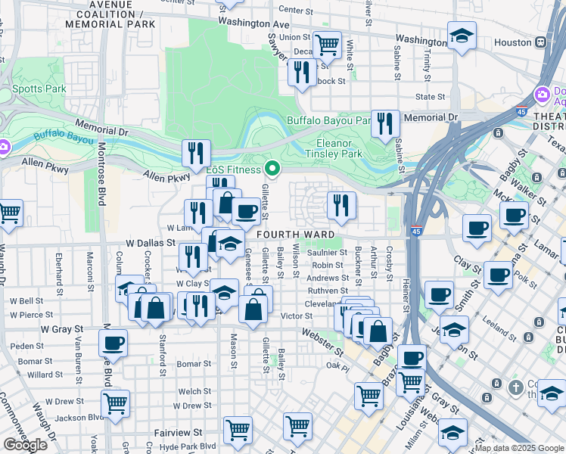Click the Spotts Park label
click(39, 89)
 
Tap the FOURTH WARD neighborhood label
click(294, 235)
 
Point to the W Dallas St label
click(151, 244)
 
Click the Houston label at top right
click(514, 42)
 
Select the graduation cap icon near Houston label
click(461, 36)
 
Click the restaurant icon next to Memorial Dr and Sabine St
click(386, 123)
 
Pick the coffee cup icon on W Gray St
click(113, 343)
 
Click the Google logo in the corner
click(25, 445)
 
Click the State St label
click(430, 97)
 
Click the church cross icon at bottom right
click(515, 387)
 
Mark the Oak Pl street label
click(336, 365)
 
